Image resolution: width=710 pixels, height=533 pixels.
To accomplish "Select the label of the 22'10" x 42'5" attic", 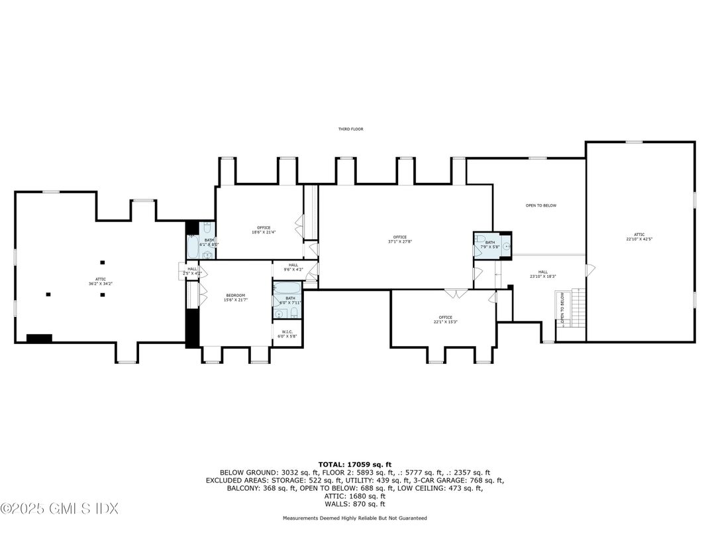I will coord(639,236).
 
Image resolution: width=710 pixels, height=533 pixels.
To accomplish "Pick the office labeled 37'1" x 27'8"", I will coord(399,239).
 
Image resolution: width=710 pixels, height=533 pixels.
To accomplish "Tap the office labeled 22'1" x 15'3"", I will coord(446,320).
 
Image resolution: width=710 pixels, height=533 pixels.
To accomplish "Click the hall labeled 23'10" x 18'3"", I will coord(542,274).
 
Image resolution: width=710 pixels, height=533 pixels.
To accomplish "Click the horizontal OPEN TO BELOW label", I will coord(540,206).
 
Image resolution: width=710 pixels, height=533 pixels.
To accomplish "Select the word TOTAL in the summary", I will coord(331,464).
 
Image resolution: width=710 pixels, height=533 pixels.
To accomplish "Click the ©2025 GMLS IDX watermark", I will coord(60,509).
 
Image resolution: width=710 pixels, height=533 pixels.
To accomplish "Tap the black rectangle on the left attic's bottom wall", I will coord(39,338).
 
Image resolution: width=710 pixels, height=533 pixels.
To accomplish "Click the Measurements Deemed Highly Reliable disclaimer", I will coord(354,518).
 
